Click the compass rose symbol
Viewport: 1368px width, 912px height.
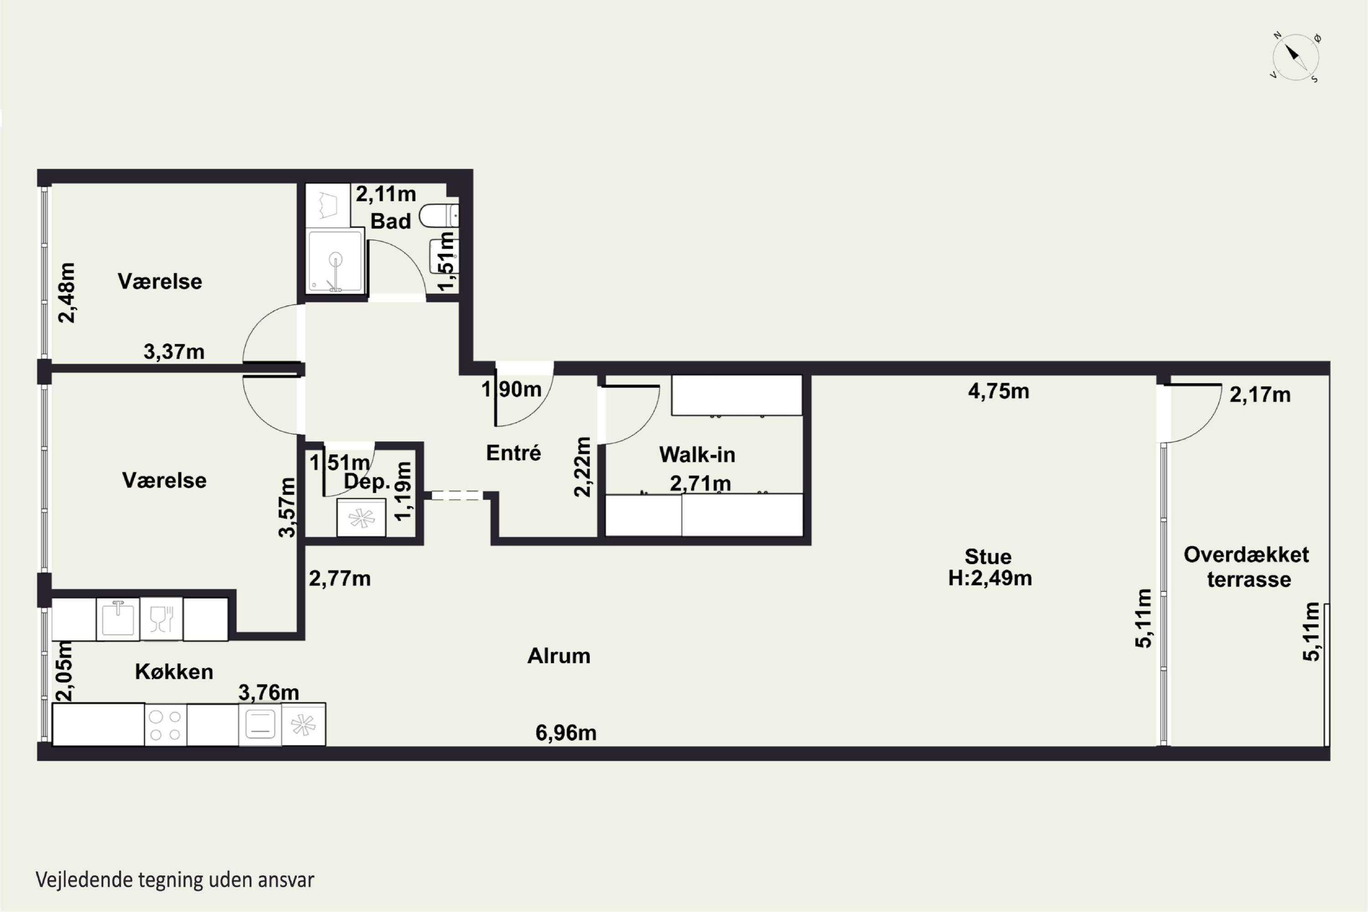click(x=1295, y=57)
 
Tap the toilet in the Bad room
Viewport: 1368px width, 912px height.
click(x=439, y=215)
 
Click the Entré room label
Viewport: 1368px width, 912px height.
click(x=513, y=452)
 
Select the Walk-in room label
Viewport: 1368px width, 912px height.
click(x=697, y=454)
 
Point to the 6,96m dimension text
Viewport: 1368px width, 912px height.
click(x=566, y=733)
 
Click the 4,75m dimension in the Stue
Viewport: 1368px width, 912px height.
click(x=999, y=391)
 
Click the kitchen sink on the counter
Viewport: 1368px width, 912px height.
click(x=118, y=619)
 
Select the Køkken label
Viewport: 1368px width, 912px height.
click(x=174, y=672)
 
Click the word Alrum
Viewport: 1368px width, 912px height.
click(x=559, y=656)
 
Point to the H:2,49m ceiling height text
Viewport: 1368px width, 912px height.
click(x=990, y=578)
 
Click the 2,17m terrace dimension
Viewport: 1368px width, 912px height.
click(x=1260, y=395)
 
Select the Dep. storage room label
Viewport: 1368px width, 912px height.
click(x=367, y=482)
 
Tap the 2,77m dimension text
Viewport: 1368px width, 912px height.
click(x=340, y=579)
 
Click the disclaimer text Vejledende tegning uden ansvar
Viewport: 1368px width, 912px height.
click(x=175, y=880)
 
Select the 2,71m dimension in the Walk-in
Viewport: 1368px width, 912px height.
click(x=700, y=483)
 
